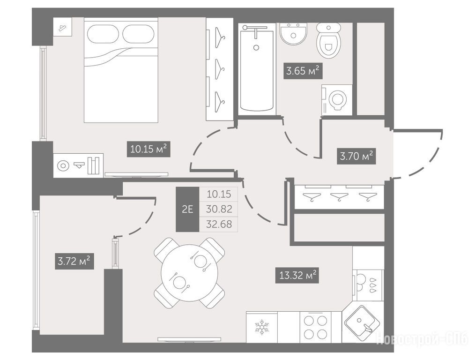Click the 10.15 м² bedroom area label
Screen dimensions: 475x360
[x=148, y=149]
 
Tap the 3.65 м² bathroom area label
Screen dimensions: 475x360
[x=303, y=71]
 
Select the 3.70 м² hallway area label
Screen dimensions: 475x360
[x=356, y=156]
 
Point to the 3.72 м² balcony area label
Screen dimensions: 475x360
[x=74, y=261]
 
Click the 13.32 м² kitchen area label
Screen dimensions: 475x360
[x=297, y=276]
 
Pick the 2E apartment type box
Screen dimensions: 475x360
[x=187, y=209]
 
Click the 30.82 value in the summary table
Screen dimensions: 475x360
[x=219, y=209]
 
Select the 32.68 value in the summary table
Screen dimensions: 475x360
[x=219, y=224]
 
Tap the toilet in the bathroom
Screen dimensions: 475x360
[x=329, y=41]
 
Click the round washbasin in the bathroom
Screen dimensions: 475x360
[x=293, y=34]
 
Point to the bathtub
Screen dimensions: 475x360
[x=257, y=69]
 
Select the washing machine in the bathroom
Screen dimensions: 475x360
[x=337, y=100]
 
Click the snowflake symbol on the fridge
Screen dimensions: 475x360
[x=262, y=327]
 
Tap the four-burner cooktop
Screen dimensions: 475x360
[x=315, y=327]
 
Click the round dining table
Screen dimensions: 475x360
[x=190, y=273]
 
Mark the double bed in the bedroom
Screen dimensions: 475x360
[x=121, y=70]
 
